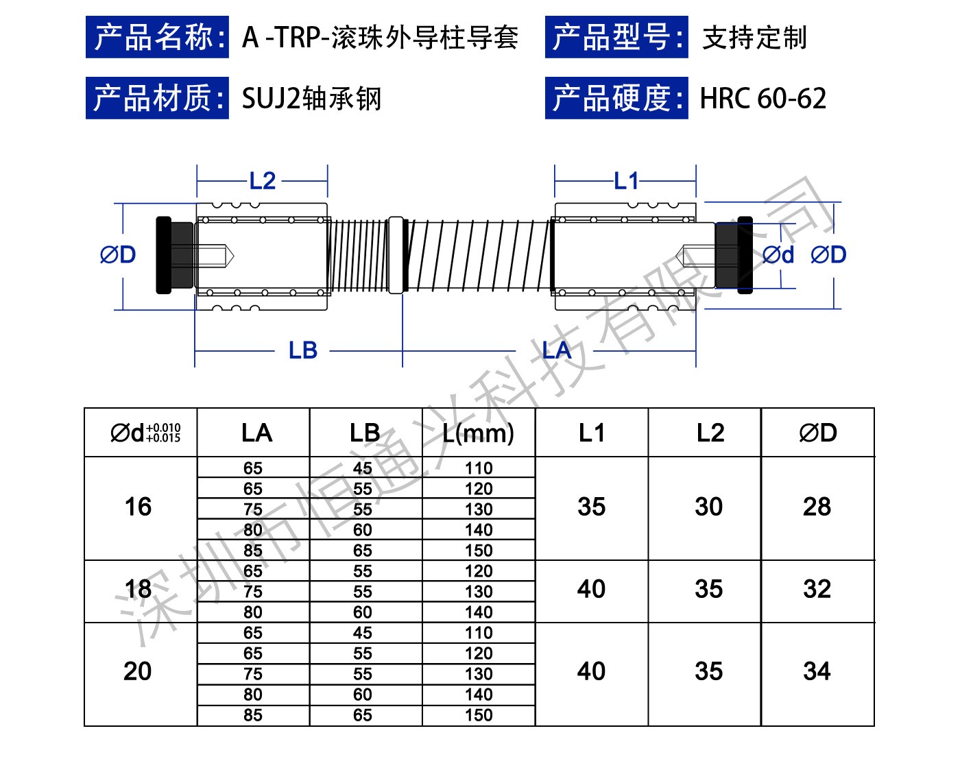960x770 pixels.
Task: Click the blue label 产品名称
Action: pos(157,38)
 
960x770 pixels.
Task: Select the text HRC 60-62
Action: pos(763,99)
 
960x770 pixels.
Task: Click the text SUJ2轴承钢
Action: pos(311,99)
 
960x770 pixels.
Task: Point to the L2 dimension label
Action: pos(263,181)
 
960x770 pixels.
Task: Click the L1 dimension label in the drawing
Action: pos(626,181)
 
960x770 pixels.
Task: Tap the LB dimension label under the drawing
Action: pos(302,350)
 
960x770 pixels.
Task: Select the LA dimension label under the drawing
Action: pos(556,350)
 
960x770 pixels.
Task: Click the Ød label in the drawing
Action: pos(778,255)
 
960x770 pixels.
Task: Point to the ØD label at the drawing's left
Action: pos(118,255)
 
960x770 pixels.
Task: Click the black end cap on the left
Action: pos(165,255)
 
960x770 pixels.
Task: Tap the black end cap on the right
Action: pos(744,255)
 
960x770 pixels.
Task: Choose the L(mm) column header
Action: pos(479,433)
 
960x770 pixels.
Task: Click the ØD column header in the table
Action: pos(817,433)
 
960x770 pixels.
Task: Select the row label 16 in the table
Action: pos(138,507)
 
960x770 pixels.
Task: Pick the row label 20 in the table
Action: pos(138,671)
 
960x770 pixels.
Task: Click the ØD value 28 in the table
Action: pos(817,507)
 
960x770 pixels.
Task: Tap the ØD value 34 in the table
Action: pos(817,671)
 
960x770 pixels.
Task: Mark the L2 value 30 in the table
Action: pos(708,507)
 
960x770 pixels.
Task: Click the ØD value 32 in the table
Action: pos(817,589)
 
